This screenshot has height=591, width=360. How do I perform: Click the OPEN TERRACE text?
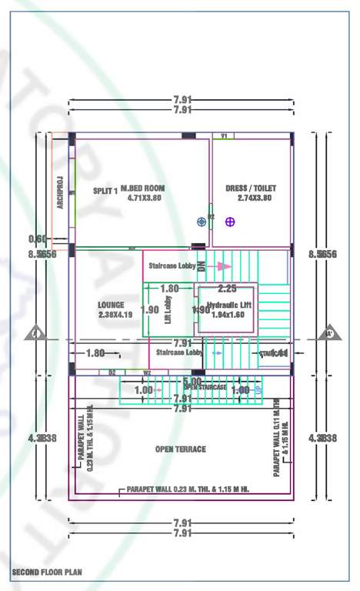(180, 449)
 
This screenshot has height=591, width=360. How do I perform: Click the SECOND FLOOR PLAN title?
(46, 573)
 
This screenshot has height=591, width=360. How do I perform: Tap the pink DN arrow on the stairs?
(222, 266)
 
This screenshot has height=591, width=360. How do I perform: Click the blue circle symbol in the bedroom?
(202, 222)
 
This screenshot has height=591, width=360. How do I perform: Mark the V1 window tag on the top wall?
(224, 135)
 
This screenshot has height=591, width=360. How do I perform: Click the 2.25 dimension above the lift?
(227, 289)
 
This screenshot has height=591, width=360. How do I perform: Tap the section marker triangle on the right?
(329, 333)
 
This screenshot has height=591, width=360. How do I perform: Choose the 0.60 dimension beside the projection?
(38, 239)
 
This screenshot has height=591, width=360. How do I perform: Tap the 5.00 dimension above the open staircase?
(192, 381)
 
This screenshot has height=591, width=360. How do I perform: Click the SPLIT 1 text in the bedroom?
(105, 192)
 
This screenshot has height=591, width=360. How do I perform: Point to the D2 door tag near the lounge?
(112, 372)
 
